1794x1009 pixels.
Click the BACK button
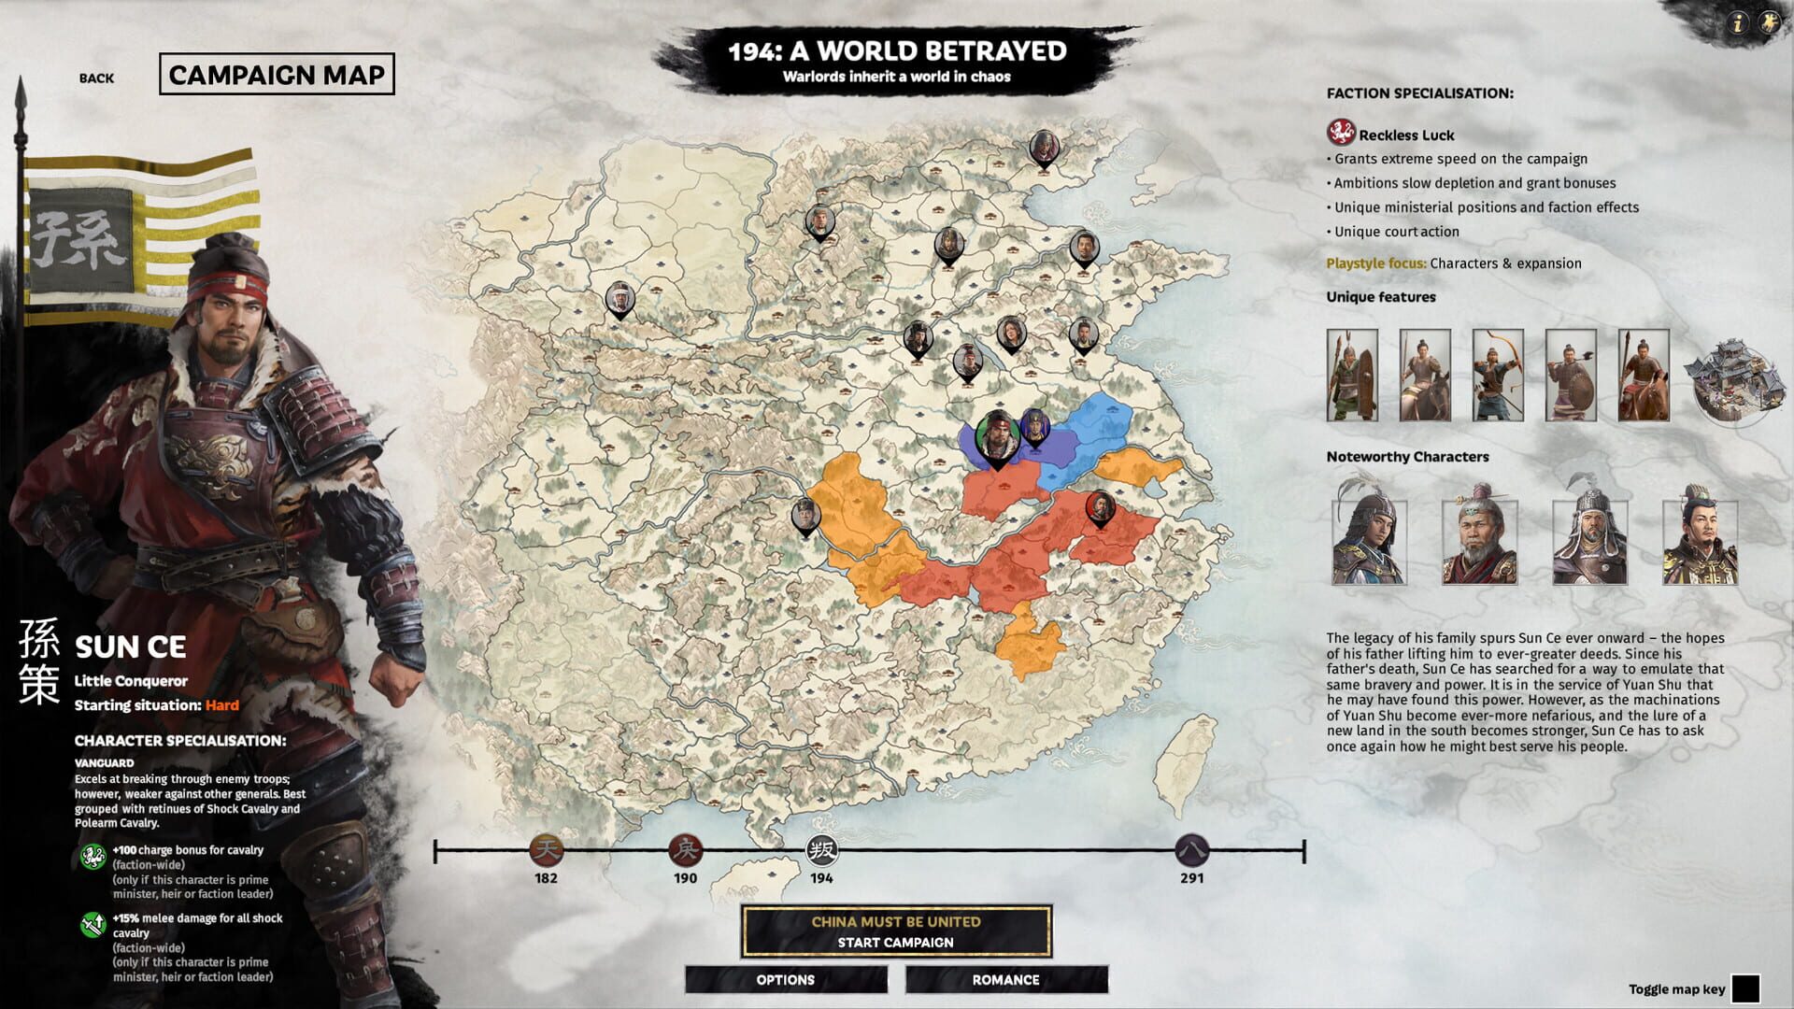coord(96,78)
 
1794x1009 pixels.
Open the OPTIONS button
coord(785,979)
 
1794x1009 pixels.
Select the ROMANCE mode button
coord(1005,979)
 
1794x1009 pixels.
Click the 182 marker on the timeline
coord(547,850)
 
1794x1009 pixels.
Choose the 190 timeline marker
coord(685,850)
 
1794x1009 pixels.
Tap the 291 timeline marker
coord(1191,850)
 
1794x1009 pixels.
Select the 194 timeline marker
coord(821,850)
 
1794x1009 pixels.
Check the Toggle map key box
coord(1744,988)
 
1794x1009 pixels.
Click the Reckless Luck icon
coord(1341,133)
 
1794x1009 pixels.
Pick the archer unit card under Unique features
coord(1498,375)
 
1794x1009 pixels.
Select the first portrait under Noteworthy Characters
coord(1369,537)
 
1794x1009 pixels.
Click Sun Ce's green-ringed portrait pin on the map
coord(997,434)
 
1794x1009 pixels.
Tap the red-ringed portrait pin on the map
coord(1101,508)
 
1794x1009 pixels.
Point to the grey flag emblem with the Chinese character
coord(79,239)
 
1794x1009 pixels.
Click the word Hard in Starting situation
coord(222,705)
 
